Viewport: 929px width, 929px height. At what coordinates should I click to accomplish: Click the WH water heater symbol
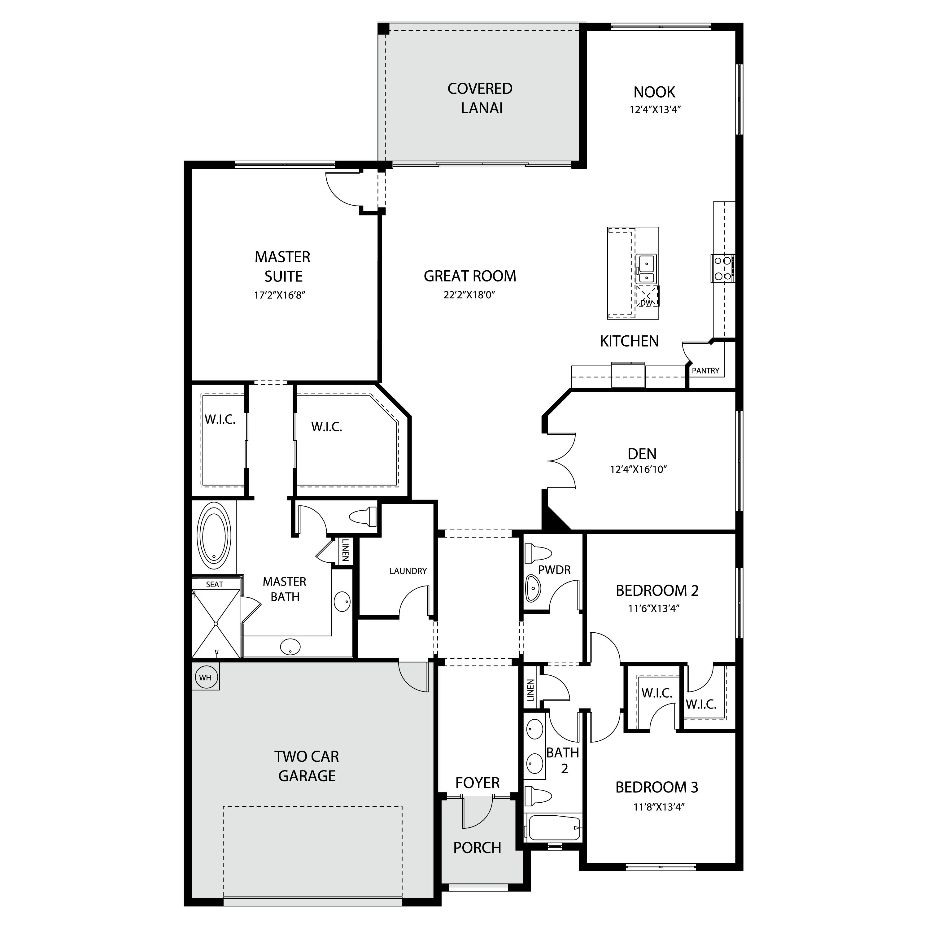205,678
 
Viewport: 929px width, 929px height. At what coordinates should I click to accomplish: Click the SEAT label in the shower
215,584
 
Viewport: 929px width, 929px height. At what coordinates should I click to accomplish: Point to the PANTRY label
705,371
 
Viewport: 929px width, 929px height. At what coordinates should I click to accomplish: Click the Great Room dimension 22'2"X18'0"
469,295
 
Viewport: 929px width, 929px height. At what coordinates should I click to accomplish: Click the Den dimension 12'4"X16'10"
638,469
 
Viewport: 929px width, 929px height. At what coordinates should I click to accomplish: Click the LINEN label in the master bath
345,551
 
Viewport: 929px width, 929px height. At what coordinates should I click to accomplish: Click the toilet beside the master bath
364,517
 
